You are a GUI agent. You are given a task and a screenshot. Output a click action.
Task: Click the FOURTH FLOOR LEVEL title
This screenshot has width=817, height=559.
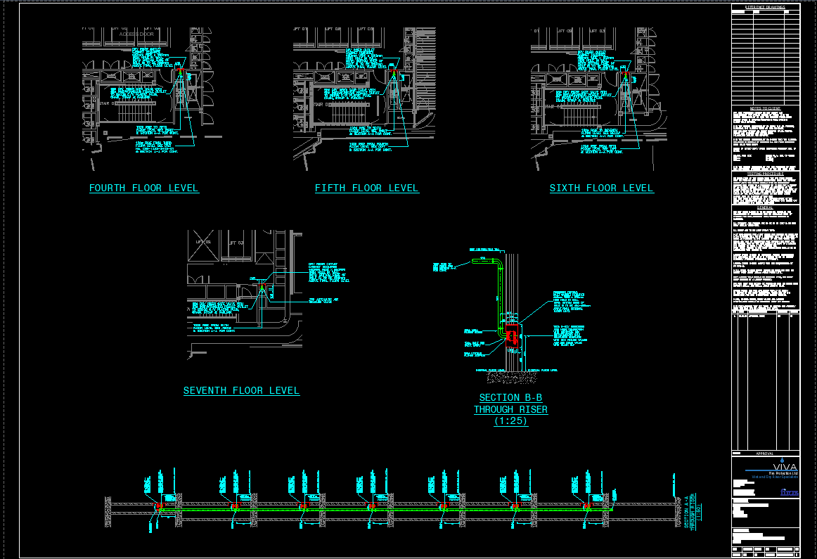point(143,188)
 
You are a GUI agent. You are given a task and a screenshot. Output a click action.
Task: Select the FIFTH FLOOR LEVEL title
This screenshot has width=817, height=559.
point(366,188)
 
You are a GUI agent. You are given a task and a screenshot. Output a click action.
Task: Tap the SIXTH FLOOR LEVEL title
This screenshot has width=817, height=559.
point(601,188)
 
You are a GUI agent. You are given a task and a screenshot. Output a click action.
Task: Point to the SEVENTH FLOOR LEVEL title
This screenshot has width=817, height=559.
point(241,391)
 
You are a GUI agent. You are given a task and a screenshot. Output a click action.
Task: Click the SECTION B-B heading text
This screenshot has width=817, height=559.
point(510,398)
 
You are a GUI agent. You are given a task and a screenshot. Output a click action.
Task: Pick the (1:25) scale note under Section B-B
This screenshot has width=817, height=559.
point(510,421)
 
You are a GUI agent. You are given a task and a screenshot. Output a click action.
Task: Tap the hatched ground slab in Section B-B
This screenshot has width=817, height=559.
point(510,378)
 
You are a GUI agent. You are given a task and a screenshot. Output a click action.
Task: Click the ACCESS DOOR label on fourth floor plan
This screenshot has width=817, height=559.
point(136,34)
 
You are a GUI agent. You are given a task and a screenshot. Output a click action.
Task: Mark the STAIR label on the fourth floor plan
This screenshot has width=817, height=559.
point(105,103)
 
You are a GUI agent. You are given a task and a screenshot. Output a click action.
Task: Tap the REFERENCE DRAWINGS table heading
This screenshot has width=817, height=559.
point(765,7)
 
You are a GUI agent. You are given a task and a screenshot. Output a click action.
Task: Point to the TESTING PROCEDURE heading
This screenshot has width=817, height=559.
point(765,174)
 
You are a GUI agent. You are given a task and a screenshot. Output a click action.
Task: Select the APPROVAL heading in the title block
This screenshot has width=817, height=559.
point(765,454)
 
